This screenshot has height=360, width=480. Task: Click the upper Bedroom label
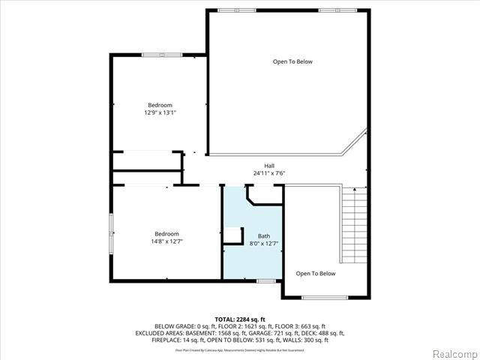(x=159, y=104)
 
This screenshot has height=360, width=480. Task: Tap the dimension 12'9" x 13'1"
(x=159, y=112)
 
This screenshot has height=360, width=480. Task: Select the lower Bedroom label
(x=167, y=233)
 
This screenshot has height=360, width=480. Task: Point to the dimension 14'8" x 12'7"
(x=167, y=241)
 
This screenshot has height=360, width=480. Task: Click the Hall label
(x=268, y=166)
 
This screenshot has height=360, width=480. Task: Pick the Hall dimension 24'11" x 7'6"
(x=268, y=174)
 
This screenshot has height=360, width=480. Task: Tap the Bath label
(x=264, y=235)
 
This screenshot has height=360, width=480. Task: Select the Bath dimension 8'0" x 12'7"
(x=264, y=243)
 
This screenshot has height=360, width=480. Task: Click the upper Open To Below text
(x=292, y=61)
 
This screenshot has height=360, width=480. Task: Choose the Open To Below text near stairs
(x=315, y=274)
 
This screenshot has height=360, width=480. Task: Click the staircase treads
(x=355, y=225)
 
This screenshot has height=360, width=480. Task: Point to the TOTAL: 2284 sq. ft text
(x=241, y=319)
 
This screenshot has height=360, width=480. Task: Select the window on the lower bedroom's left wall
(x=111, y=233)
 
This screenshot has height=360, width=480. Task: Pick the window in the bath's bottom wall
(x=265, y=281)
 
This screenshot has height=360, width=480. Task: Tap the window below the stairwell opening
(x=324, y=298)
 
